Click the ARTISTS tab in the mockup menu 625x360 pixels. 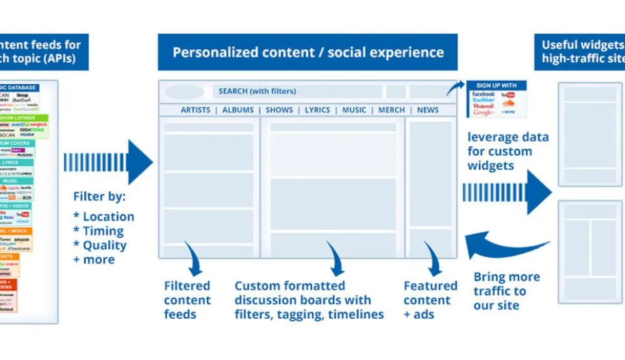[x=195, y=110]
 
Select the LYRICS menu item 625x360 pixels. [x=317, y=110]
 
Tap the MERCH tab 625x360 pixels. [x=392, y=110]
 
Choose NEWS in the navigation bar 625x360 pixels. [x=427, y=110]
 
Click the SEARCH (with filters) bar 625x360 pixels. [x=297, y=91]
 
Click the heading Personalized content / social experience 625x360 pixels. [x=307, y=52]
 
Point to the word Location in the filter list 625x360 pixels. [x=108, y=217]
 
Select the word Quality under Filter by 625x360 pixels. [x=104, y=246]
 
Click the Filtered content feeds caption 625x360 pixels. [x=187, y=300]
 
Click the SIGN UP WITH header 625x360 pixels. [x=496, y=85]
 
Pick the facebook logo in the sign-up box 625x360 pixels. [x=484, y=94]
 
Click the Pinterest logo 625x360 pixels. [x=484, y=106]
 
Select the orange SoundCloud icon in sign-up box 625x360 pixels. [x=507, y=103]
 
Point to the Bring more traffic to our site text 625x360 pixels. [x=506, y=291]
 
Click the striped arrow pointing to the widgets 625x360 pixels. [x=506, y=192]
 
